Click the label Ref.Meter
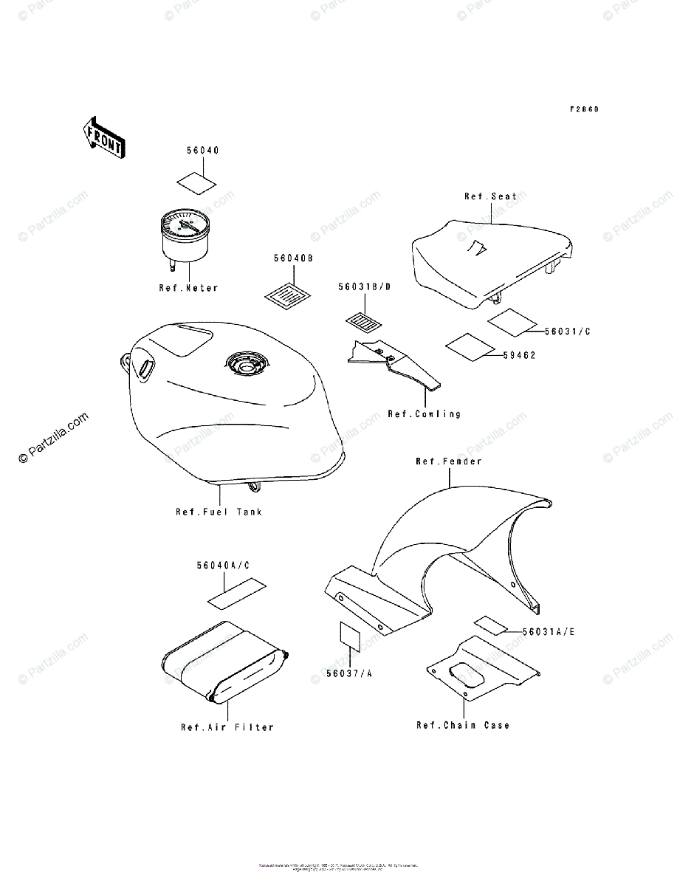click(189, 288)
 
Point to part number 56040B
click(293, 258)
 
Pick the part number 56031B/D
click(364, 286)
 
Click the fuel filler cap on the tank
click(246, 363)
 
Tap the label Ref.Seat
click(491, 196)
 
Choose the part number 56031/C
click(568, 332)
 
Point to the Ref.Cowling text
click(424, 414)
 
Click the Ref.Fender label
click(448, 461)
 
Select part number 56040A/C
click(223, 566)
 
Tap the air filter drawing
click(221, 662)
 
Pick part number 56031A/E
click(548, 632)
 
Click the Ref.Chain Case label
click(463, 726)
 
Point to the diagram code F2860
click(584, 109)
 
